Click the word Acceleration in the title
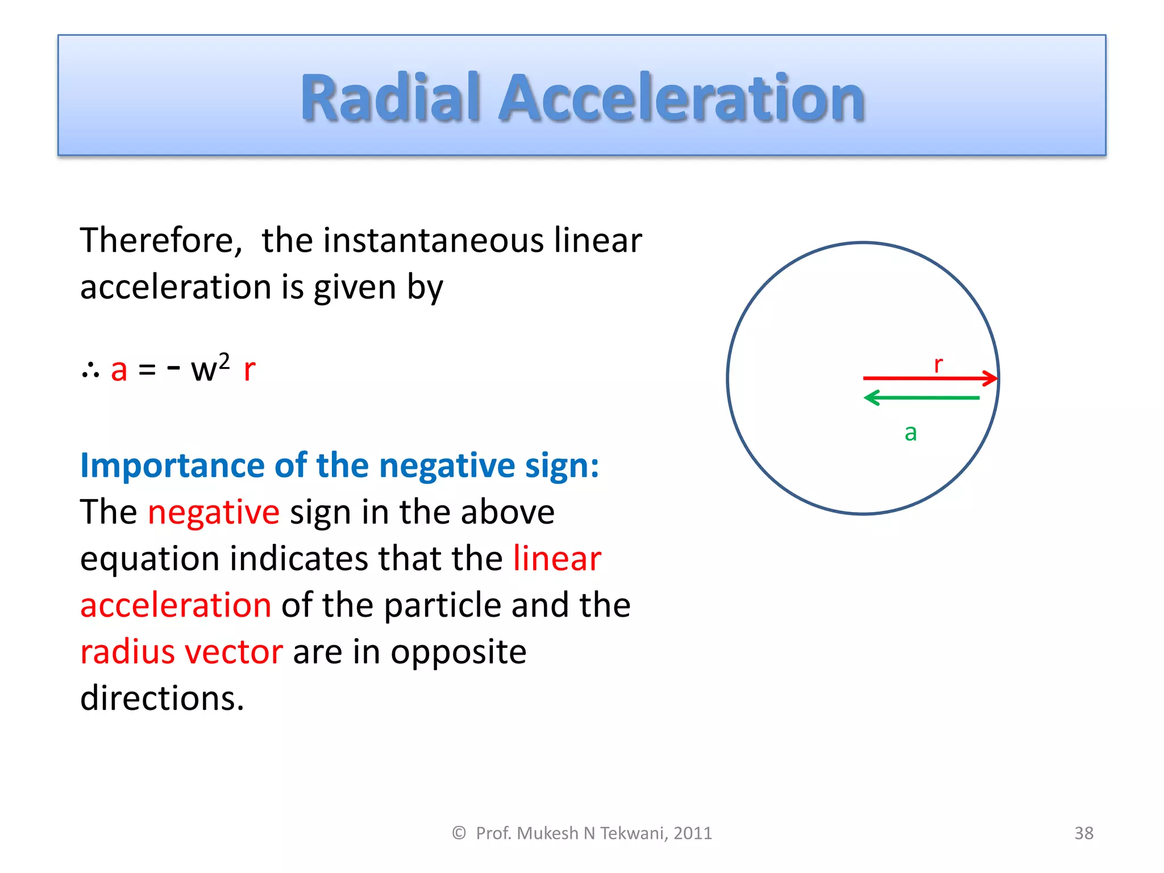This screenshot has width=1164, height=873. (681, 98)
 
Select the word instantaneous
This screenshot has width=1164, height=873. (433, 240)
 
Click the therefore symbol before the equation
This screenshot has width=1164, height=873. (90, 371)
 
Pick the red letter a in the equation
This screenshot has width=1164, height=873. (119, 370)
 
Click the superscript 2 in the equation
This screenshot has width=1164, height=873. (225, 361)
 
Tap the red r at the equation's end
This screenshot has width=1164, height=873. (249, 370)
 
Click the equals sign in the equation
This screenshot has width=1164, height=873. (147, 371)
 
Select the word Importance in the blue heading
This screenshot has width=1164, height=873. (173, 465)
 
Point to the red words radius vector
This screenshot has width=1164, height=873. (181, 652)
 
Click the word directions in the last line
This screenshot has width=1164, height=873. (162, 699)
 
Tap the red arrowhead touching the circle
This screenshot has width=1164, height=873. (991, 378)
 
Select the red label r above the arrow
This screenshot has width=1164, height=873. (938, 364)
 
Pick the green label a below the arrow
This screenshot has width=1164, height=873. (911, 433)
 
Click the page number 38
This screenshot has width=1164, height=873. (1083, 833)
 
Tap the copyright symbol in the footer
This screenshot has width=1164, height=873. (459, 833)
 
